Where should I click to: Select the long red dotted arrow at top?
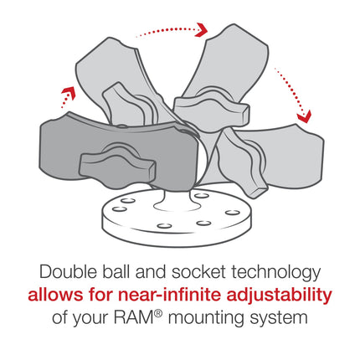(172, 30)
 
